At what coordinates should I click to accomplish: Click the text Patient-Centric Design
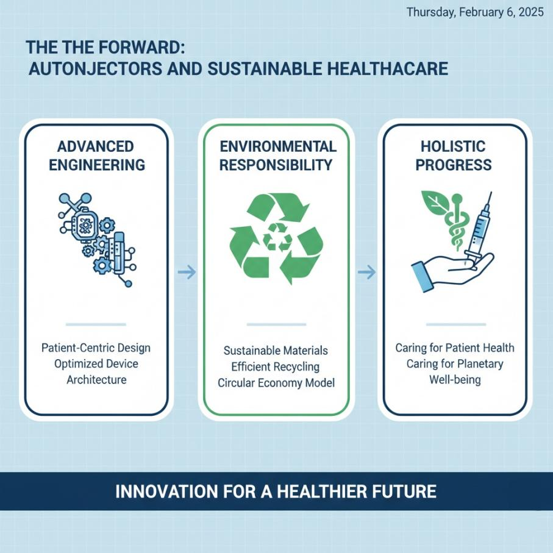point(95,348)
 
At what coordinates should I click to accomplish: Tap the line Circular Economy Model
point(276,383)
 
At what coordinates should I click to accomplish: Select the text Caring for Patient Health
point(455,348)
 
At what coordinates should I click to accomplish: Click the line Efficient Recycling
point(276,367)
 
